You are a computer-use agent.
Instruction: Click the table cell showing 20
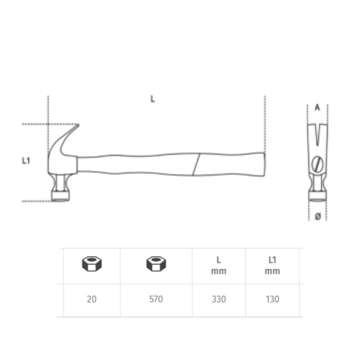tap(91, 299)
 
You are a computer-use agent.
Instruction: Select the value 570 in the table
tap(156, 299)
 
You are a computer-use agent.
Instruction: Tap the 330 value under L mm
tap(219, 299)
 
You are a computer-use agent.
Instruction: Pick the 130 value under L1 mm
tap(272, 299)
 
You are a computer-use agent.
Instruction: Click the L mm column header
tap(219, 266)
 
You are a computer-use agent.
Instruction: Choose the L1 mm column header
tap(272, 266)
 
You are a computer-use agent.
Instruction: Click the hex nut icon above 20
tap(92, 264)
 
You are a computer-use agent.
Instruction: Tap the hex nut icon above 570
tap(156, 264)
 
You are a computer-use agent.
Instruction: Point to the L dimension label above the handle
tap(152, 99)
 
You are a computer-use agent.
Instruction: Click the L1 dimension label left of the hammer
tap(26, 161)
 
